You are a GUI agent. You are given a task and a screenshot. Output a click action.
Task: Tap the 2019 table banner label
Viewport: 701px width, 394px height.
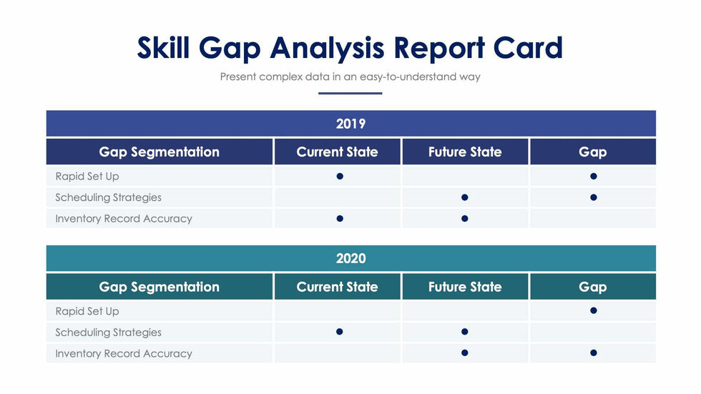(x=350, y=124)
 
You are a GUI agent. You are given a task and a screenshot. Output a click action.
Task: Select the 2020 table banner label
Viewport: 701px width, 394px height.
(x=350, y=258)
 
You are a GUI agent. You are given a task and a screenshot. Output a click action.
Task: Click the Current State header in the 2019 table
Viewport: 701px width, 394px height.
(x=337, y=152)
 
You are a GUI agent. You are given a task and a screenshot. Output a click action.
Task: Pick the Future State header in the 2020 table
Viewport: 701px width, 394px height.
(x=465, y=287)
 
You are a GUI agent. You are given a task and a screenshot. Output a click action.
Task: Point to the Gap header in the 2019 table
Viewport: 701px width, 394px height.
(x=592, y=152)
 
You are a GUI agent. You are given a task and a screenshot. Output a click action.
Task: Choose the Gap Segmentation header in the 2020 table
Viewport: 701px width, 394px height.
(x=159, y=287)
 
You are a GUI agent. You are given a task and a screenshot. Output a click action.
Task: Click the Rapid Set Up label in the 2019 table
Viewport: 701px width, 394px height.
(x=87, y=176)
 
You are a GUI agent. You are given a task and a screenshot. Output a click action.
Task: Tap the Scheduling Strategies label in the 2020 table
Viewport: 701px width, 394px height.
(x=108, y=332)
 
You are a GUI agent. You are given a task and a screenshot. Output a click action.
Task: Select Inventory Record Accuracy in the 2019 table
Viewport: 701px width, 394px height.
(x=123, y=218)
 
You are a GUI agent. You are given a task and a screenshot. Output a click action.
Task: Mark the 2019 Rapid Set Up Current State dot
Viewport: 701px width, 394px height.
(x=340, y=176)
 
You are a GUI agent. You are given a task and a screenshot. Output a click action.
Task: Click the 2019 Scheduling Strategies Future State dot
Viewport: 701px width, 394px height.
(x=465, y=197)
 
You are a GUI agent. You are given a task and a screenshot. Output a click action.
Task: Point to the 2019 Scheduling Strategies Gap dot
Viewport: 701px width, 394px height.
(x=593, y=197)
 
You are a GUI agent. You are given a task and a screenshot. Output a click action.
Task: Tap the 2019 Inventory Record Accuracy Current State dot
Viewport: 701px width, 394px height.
(x=340, y=218)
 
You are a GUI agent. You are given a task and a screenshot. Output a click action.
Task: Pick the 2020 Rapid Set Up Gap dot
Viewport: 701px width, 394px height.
(x=593, y=310)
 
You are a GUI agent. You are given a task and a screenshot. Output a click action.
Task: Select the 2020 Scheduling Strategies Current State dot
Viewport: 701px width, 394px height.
(x=340, y=332)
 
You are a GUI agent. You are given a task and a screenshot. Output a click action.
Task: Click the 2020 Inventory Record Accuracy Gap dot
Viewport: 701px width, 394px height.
(x=593, y=353)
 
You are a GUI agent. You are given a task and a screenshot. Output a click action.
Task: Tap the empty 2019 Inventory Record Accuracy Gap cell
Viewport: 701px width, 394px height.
(x=592, y=218)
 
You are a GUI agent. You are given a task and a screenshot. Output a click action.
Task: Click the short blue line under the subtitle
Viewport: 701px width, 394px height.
(x=350, y=93)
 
